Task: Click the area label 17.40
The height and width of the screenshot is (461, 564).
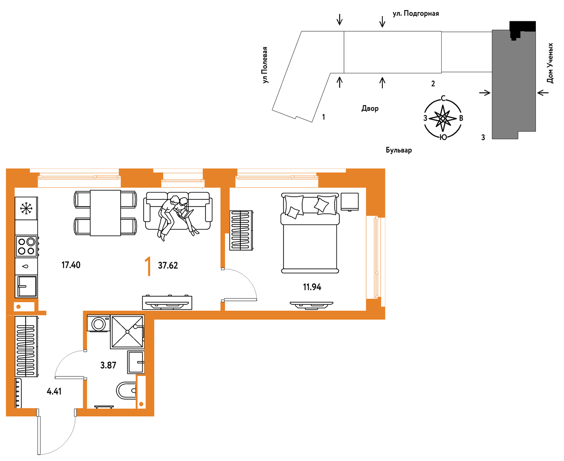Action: (71, 265)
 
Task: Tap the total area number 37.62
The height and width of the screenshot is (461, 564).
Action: (168, 266)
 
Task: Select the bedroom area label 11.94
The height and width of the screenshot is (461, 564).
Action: (312, 287)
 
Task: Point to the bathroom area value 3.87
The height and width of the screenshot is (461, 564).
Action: (108, 365)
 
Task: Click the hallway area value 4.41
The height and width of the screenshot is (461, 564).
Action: (54, 391)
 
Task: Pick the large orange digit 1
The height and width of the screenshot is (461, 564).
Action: (148, 266)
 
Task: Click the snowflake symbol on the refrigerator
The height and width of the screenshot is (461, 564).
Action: (26, 208)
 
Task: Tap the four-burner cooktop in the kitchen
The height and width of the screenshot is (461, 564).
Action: (26, 246)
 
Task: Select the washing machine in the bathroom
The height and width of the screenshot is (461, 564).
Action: (98, 324)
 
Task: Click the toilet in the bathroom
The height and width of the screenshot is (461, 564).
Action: (126, 391)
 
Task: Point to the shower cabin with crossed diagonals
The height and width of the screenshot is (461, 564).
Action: (127, 332)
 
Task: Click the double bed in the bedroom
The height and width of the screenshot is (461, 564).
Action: (310, 233)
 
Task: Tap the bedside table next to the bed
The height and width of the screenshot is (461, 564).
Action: (350, 201)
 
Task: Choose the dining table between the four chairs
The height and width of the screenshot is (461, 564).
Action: (105, 213)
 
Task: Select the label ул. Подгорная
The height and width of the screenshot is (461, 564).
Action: (416, 13)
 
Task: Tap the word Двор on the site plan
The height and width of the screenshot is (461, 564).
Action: (370, 108)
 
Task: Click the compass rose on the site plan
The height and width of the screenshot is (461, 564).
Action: (443, 118)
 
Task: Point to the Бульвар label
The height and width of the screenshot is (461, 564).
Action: (399, 150)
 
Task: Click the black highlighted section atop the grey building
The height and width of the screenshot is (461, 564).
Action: (522, 27)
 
